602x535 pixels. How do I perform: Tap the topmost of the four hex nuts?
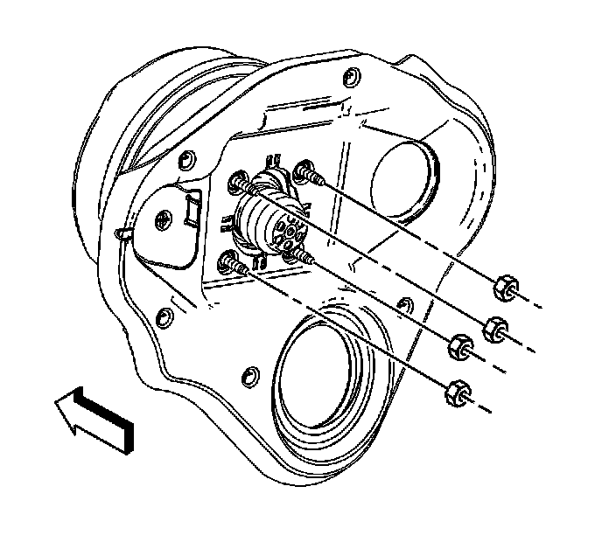click(x=505, y=287)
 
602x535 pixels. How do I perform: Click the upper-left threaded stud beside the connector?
click(x=241, y=184)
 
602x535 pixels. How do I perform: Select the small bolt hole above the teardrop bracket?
click(x=185, y=159)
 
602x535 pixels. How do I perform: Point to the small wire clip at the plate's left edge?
click(x=123, y=234)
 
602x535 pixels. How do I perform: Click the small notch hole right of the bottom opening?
click(x=404, y=304)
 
